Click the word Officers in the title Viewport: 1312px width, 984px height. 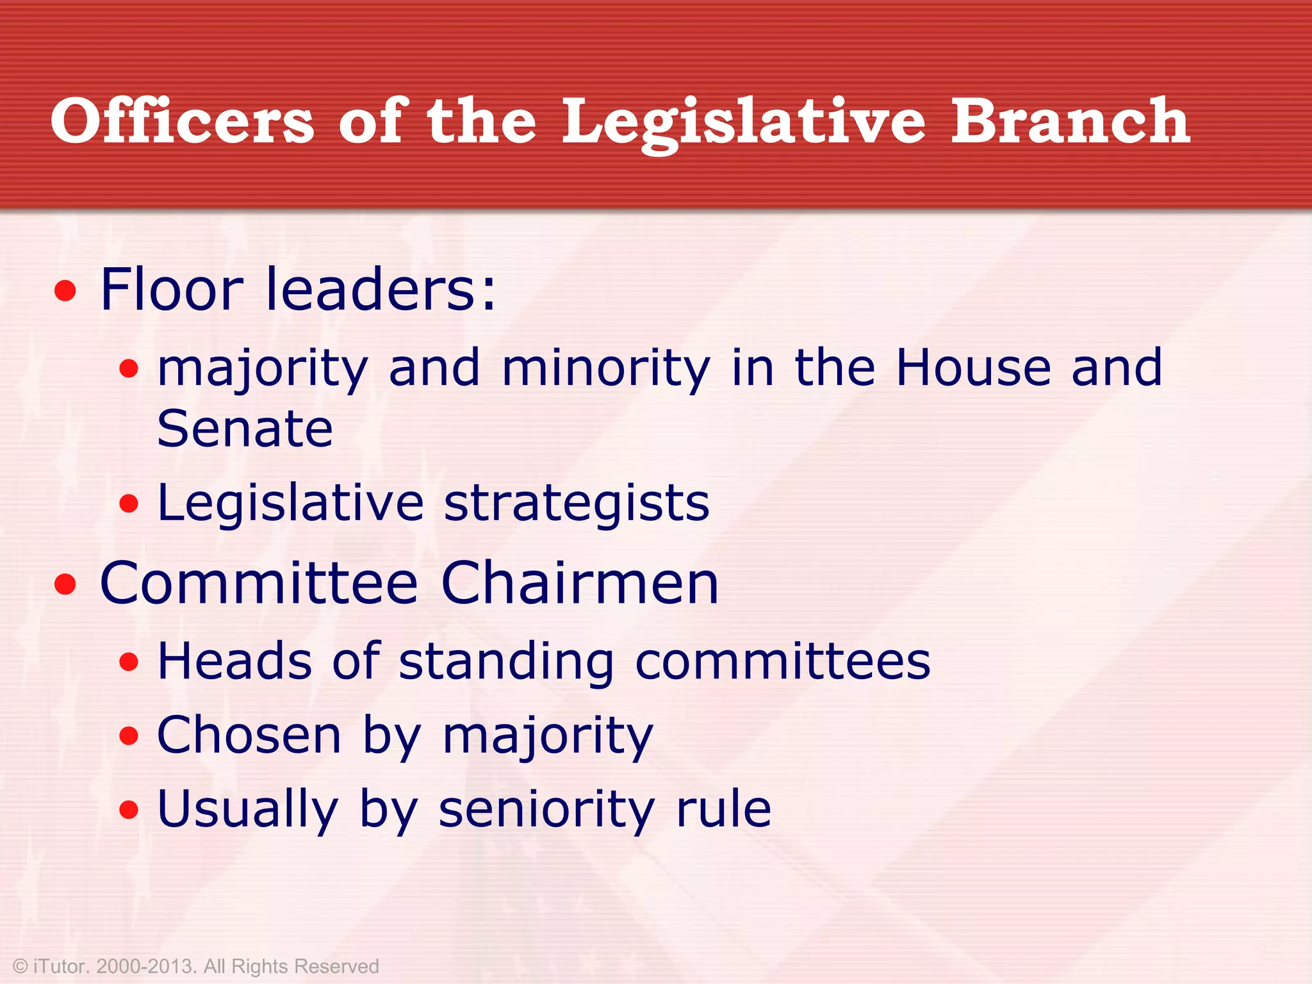click(183, 122)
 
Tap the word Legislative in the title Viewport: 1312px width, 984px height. click(743, 122)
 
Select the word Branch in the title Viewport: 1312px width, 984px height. click(1070, 122)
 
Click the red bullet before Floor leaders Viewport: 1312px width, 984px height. click(65, 292)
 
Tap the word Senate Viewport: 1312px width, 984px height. click(245, 429)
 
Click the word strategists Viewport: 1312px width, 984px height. click(577, 504)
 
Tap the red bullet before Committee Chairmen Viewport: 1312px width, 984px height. click(65, 584)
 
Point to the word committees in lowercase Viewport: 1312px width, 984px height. click(782, 662)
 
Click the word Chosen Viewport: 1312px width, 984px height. click(249, 735)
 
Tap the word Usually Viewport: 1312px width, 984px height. click(247, 809)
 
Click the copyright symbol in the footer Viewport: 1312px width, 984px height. click(20, 966)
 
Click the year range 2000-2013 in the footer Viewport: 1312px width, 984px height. click(145, 966)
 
